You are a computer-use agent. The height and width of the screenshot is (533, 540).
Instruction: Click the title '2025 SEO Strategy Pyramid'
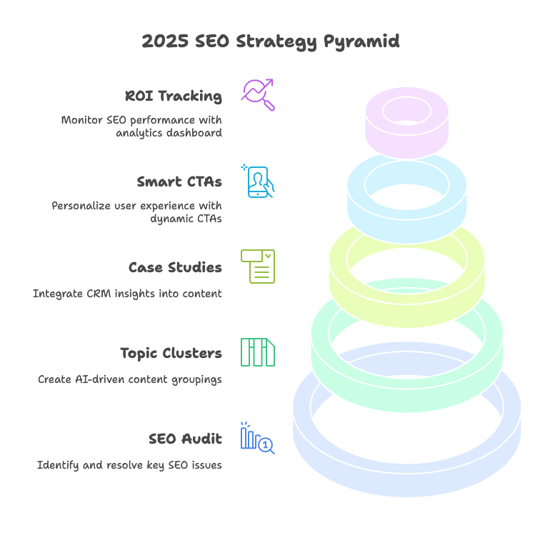point(270,41)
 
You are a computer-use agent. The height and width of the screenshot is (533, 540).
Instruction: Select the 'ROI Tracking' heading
point(173,96)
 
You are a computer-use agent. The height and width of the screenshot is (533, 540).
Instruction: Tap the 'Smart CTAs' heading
point(179,181)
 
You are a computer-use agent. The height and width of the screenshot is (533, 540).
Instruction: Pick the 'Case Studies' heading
point(175,267)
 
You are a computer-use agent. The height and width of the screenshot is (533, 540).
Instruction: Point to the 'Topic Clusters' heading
point(171,353)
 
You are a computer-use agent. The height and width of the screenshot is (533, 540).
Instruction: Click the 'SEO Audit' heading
point(185,439)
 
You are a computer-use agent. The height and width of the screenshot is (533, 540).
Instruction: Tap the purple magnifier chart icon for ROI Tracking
point(258,94)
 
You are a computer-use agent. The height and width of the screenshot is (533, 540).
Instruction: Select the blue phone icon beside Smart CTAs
point(258,181)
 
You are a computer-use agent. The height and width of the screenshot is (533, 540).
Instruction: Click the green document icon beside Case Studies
point(258,266)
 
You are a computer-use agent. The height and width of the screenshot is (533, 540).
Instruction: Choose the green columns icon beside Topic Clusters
point(258,352)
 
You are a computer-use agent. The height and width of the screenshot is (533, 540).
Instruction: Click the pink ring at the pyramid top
point(406,136)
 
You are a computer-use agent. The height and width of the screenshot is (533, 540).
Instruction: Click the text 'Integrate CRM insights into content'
point(127,294)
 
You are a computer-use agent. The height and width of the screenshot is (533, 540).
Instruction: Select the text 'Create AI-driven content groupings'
point(130,379)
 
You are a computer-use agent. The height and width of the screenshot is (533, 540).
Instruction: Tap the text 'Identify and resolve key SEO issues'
point(129,465)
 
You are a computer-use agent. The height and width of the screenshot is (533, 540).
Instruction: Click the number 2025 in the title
point(163,41)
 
